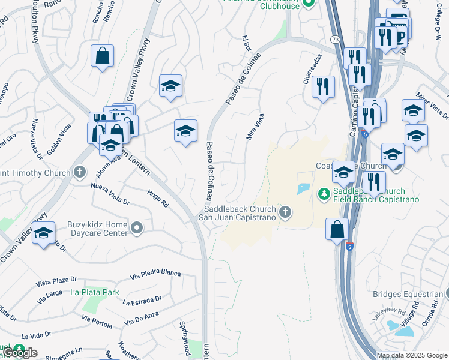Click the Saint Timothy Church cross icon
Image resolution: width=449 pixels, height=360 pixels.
pyautogui.click(x=79, y=173)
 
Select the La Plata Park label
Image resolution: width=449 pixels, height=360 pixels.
pyautogui.click(x=94, y=292)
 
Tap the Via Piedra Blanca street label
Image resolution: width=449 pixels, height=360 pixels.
pyautogui.click(x=155, y=274)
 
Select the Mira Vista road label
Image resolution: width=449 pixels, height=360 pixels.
pyautogui.click(x=255, y=127)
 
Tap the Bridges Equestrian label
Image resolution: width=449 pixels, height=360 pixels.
pyautogui.click(x=408, y=294)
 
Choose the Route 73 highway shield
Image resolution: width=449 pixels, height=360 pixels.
pyautogui.click(x=335, y=39)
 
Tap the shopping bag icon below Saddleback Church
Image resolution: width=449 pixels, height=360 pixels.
pyautogui.click(x=337, y=229)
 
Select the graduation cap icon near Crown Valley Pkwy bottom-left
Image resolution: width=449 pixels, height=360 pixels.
pyautogui.click(x=43, y=233)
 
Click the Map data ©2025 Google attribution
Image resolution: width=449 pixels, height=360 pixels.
pyautogui.click(x=412, y=355)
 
